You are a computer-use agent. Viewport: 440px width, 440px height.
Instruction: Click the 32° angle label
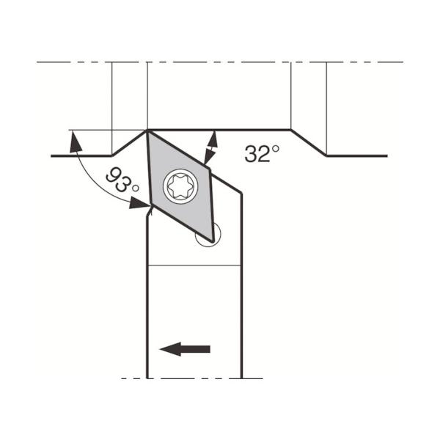pos(262,153)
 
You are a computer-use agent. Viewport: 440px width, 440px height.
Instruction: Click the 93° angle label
pos(122,181)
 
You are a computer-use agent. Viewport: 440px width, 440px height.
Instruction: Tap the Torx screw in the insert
pos(180,186)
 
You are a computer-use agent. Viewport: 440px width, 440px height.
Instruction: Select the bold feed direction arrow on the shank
pos(185,349)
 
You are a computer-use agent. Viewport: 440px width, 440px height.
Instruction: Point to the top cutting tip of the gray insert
pos(147,131)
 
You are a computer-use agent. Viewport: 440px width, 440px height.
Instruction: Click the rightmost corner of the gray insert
pos(210,169)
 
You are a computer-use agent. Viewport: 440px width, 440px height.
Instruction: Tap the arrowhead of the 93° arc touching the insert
pos(139,203)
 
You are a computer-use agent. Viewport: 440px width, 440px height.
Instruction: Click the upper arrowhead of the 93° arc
pos(76,142)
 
